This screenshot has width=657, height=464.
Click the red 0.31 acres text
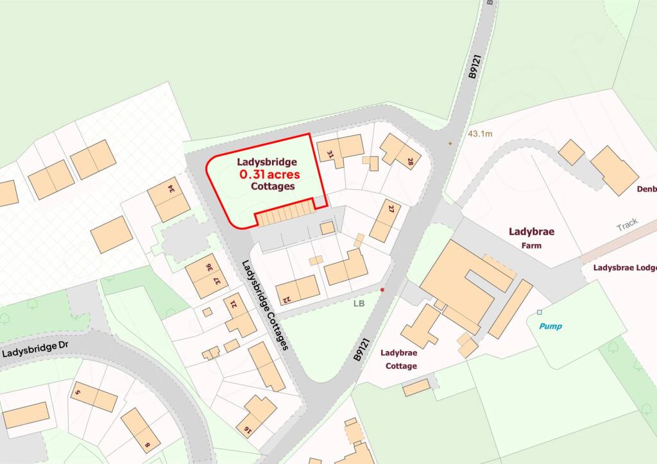pyautogui.click(x=269, y=174)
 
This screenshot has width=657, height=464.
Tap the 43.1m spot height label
pyautogui.click(x=481, y=134)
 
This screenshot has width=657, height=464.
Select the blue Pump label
pyautogui.click(x=550, y=326)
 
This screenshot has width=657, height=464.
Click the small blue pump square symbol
pyautogui.click(x=539, y=313)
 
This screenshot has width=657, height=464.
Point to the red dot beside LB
pyautogui.click(x=382, y=290)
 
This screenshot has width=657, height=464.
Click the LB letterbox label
pyautogui.click(x=358, y=303)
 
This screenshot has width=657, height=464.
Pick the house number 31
pyautogui.click(x=330, y=154)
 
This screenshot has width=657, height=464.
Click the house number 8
pyautogui.click(x=147, y=445)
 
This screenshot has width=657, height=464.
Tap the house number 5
pyautogui.click(x=78, y=392)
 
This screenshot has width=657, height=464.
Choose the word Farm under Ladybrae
pyautogui.click(x=531, y=245)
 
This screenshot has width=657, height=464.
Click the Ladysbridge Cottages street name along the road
pyautogui.click(x=266, y=304)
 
